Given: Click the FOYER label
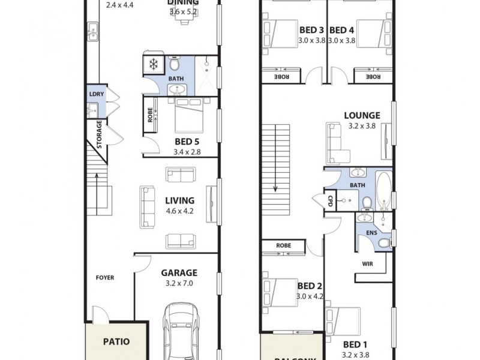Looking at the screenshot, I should coord(105,278).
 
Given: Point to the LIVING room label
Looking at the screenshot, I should coord(179,200).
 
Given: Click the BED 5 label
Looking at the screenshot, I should coord(187,142).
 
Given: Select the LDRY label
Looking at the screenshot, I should coord(95,94).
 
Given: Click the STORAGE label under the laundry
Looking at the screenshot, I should coord(100,136).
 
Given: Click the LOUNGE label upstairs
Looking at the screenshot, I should coord(362,115).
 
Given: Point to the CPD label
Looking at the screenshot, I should coord(329,201).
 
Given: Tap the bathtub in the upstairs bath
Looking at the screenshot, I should coord(383,191).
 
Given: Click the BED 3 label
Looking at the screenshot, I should coord(311,30).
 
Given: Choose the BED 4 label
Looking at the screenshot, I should coord(342,30).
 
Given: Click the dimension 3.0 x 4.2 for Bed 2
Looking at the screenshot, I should coord(310,296).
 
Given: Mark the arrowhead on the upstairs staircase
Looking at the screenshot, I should coord(275,188).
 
